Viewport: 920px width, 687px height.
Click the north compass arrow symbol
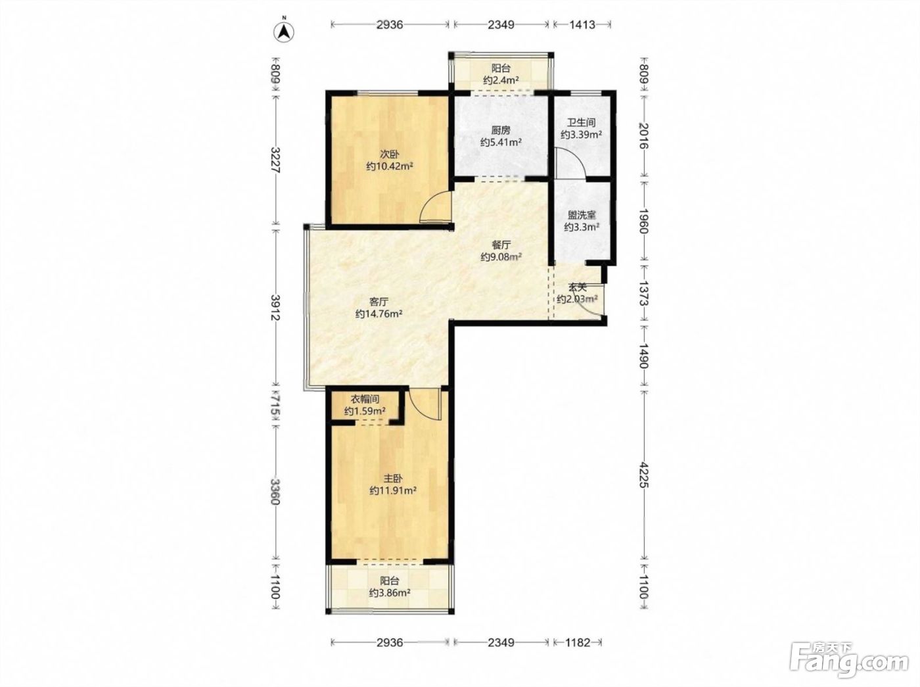(x=283, y=32)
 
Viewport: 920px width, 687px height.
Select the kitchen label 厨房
(x=501, y=130)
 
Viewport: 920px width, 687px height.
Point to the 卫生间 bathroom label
(x=582, y=123)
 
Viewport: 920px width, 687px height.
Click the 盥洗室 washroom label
(x=582, y=215)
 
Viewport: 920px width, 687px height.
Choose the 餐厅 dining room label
(x=501, y=245)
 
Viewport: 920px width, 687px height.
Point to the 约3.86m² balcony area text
(x=390, y=593)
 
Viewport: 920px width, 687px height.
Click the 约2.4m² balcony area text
(x=501, y=80)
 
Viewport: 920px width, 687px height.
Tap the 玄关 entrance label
(x=577, y=287)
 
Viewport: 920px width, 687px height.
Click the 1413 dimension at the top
(x=582, y=25)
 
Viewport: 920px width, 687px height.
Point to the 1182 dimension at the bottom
(x=578, y=642)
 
